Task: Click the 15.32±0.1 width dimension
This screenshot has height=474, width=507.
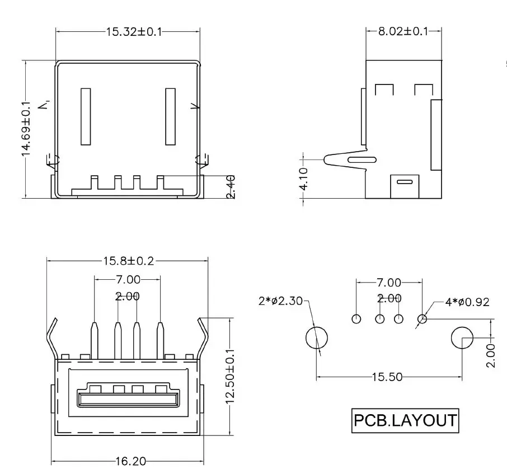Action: coord(134,32)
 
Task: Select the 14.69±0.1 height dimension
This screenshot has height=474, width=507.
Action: coord(26,129)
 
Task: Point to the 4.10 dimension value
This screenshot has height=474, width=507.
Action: coord(304,179)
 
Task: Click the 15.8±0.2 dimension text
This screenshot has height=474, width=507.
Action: coord(128,261)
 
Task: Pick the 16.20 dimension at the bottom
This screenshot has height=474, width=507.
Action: coord(130,461)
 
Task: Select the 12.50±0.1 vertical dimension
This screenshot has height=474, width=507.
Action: coord(230,377)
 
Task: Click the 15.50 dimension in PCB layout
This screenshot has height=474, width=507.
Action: coord(387,377)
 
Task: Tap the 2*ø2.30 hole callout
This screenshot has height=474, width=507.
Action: coord(280,301)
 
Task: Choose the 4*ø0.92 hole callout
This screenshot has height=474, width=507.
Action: coord(467,302)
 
